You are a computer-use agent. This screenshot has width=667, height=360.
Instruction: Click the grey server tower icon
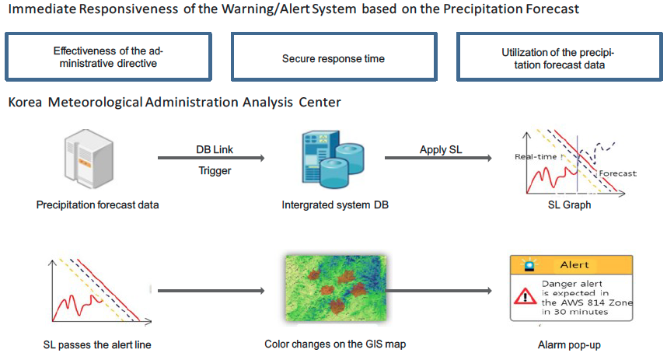[89, 159]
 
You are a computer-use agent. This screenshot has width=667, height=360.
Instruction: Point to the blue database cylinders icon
[333, 159]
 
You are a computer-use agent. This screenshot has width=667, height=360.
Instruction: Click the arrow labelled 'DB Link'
[211, 158]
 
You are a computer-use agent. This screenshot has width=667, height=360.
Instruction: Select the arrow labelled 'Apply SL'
[438, 158]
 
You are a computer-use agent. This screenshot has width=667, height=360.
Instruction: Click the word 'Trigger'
[215, 170]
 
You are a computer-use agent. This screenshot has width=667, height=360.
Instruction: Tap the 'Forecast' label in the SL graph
[618, 173]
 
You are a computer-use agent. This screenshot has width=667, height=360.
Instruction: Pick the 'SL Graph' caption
[569, 204]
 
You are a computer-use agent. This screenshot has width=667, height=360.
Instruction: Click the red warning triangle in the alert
[525, 296]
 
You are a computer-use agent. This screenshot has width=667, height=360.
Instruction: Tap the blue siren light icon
[529, 265]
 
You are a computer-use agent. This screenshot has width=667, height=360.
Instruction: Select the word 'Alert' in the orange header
[574, 264]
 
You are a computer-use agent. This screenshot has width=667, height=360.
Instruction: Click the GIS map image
[336, 288]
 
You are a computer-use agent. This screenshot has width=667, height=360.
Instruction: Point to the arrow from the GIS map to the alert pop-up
[439, 291]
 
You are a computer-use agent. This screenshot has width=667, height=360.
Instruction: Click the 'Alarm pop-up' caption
[569, 344]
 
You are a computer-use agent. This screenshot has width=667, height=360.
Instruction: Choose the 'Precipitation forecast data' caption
[97, 204]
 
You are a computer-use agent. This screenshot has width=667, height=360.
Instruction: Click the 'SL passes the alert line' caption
[97, 344]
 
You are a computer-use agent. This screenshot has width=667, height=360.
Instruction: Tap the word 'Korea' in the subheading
[25, 102]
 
